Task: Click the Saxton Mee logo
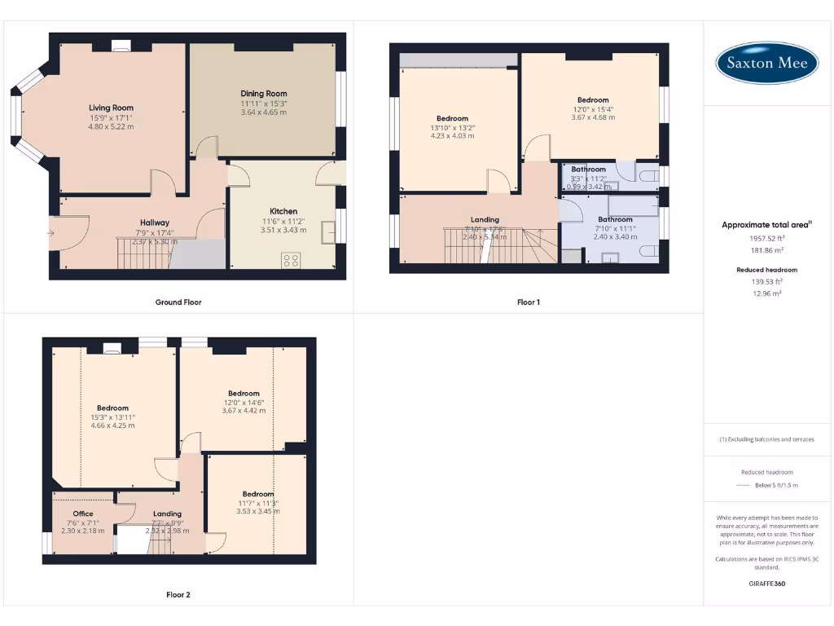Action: (x=766, y=63)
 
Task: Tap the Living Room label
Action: (x=111, y=108)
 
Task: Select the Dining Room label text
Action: (x=263, y=94)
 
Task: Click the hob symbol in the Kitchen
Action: (x=290, y=260)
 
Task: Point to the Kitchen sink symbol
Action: (x=329, y=232)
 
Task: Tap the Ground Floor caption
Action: (x=178, y=302)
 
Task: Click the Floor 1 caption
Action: (x=529, y=302)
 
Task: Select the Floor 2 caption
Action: (x=178, y=595)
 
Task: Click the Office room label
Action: (x=83, y=514)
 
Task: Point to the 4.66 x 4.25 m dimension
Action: (x=112, y=425)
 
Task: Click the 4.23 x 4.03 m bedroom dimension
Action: (x=452, y=136)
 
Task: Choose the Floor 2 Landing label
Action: (x=168, y=514)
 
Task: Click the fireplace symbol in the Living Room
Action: (x=121, y=46)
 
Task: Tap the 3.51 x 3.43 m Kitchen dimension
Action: (x=283, y=230)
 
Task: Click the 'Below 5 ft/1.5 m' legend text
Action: (x=776, y=485)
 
